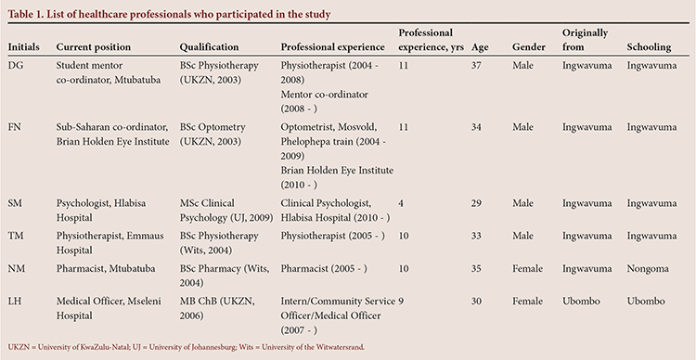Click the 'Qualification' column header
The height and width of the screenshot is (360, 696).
click(209, 47)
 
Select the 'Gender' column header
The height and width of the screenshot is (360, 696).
click(529, 47)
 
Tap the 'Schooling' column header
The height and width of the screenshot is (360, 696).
click(649, 47)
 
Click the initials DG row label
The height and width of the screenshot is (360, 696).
click(16, 66)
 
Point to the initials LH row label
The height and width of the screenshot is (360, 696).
click(15, 302)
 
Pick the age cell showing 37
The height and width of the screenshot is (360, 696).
click(476, 66)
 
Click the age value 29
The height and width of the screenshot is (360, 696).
click(476, 204)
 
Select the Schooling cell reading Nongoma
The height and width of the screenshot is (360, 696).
click(648, 269)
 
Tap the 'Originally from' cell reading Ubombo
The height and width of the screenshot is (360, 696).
click(581, 302)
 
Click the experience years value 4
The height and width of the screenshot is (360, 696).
click(401, 204)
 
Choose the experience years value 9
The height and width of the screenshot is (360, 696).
click(401, 302)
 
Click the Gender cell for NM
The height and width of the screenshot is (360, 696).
click(527, 269)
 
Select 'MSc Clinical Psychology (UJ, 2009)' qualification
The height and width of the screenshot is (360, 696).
click(226, 211)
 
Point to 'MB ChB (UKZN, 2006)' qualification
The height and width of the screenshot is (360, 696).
click(216, 309)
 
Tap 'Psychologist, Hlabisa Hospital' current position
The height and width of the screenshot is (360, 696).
click(101, 211)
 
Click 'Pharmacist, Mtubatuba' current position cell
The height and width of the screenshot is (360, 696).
click(109, 269)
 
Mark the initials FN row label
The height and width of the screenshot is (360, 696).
click(15, 127)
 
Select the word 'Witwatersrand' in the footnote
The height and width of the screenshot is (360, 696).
click(340, 347)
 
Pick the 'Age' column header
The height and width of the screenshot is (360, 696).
click(480, 47)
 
